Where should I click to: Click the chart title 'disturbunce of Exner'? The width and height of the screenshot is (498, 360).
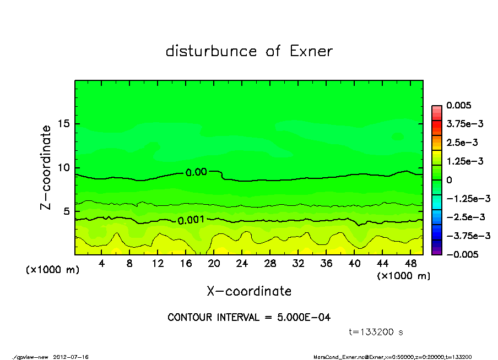pyautogui.click(x=249, y=52)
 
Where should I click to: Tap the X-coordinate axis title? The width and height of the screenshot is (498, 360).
pyautogui.click(x=249, y=291)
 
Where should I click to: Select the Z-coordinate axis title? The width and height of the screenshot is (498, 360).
pyautogui.click(x=46, y=167)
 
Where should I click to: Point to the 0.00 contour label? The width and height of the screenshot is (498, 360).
pyautogui.click(x=196, y=172)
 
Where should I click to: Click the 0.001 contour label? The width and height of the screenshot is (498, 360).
pyautogui.click(x=191, y=220)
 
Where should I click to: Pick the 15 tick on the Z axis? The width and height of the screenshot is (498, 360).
pyautogui.click(x=64, y=124)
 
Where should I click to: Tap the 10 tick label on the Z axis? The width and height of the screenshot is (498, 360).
pyautogui.click(x=64, y=168)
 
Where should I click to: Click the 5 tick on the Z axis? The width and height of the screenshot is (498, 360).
pyautogui.click(x=67, y=211)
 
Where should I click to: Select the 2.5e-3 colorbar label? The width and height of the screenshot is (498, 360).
pyautogui.click(x=463, y=143)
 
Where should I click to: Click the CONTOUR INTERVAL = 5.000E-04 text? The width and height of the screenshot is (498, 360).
pyautogui.click(x=249, y=318)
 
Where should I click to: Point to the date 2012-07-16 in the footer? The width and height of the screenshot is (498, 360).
pyautogui.click(x=71, y=357)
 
